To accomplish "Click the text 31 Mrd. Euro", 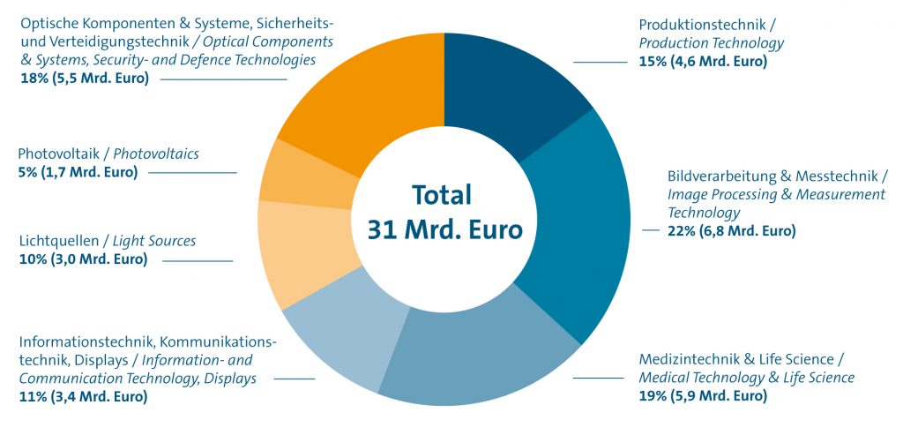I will [x=444, y=229].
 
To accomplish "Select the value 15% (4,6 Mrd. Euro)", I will [x=703, y=62].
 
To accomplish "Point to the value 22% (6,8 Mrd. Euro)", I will [x=731, y=231].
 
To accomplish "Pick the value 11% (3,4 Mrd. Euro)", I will [x=83, y=396].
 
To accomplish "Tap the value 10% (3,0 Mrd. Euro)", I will [x=83, y=259].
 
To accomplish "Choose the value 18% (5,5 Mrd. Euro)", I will [x=84, y=78].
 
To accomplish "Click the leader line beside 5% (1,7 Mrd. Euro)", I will [x=192, y=173].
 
